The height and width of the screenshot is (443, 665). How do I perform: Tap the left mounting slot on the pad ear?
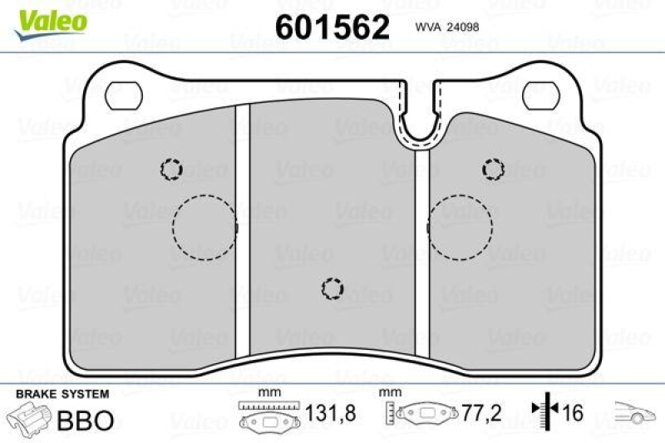pos(125,96)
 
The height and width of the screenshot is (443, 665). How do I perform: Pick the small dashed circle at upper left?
pos(171,170)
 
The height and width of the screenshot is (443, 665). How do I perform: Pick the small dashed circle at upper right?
pos(493,169)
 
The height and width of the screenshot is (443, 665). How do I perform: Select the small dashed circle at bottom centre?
pos(332,288)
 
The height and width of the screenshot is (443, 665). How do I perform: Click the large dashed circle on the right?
pos(461,227)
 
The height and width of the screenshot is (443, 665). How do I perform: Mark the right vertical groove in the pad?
pos(423,249)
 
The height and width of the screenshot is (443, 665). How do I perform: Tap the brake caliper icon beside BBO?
pos(27,417)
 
